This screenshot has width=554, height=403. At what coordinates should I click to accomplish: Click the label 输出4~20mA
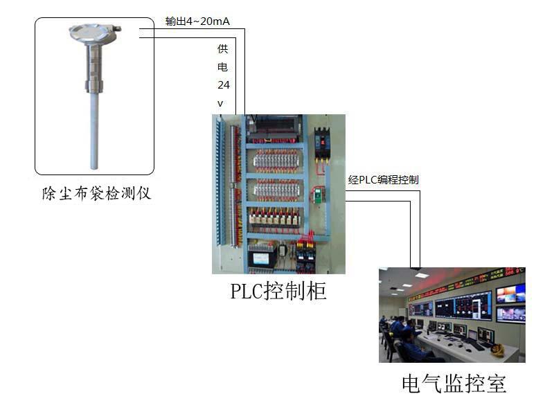pyautogui.click(x=197, y=21)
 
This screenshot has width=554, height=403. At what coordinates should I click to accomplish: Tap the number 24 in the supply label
pyautogui.click(x=223, y=85)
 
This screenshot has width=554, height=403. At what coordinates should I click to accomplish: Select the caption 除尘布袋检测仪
pyautogui.click(x=96, y=193)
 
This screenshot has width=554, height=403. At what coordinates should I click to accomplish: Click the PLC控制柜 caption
pyautogui.click(x=278, y=292)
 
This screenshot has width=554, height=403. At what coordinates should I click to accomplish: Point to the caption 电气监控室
pyautogui.click(x=454, y=383)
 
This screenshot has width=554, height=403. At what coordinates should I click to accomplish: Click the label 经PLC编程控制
pyautogui.click(x=383, y=180)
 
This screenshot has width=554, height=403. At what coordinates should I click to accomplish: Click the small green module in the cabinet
pyautogui.click(x=319, y=195)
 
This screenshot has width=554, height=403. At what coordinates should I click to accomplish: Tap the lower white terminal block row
pyautogui.click(x=276, y=189)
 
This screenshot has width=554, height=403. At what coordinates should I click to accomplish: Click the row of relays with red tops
pyautogui.click(x=274, y=218)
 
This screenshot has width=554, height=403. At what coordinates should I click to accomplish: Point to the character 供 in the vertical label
pyautogui.click(x=222, y=49)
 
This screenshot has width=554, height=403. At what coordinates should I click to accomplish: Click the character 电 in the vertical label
pyautogui.click(x=222, y=67)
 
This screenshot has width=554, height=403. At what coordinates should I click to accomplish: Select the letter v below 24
pyautogui.click(x=221, y=103)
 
